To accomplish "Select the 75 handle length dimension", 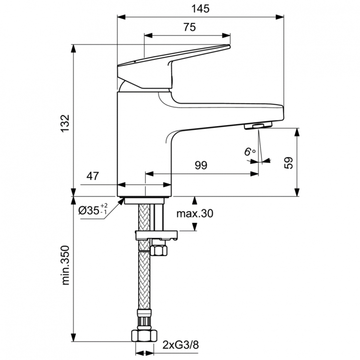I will (189, 27).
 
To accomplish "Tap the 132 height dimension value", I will (65, 122).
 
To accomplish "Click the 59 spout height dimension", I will (288, 162).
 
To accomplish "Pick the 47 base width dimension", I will (93, 176).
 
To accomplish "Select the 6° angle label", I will (250, 152).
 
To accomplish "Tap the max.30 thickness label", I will (194, 214).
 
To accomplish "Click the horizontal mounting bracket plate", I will (156, 235).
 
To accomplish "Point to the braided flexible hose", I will (143, 283).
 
